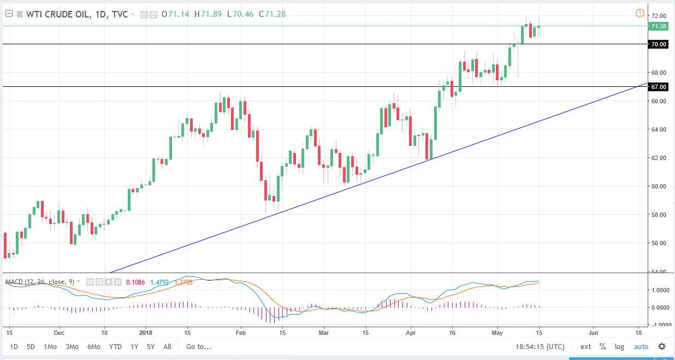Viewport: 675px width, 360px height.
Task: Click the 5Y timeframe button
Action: click(150, 346)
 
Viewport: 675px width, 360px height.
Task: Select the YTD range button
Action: click(115, 346)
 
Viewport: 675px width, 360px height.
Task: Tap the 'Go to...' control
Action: click(199, 346)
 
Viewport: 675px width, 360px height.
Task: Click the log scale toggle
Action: click(619, 346)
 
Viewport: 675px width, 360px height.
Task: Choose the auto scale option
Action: click(641, 346)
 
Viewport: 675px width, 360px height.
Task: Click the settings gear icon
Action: click(662, 346)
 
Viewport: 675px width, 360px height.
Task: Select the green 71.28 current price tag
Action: click(657, 26)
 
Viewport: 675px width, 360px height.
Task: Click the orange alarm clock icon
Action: click(640, 13)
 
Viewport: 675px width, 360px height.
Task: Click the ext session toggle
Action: click(585, 346)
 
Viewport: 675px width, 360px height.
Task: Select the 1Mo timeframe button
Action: click(50, 346)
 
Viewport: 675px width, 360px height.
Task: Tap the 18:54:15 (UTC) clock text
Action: click(540, 346)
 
